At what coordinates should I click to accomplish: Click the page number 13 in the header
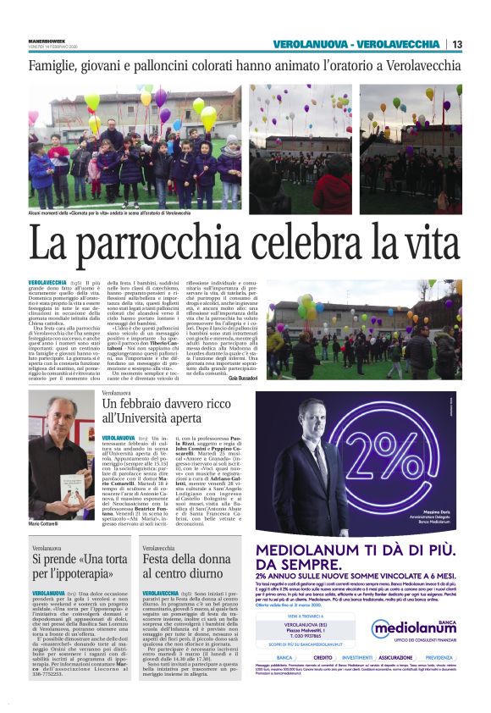click(x=457, y=44)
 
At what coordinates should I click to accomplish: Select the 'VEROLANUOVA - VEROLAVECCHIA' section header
click(x=358, y=44)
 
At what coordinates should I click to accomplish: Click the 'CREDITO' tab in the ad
click(x=323, y=680)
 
